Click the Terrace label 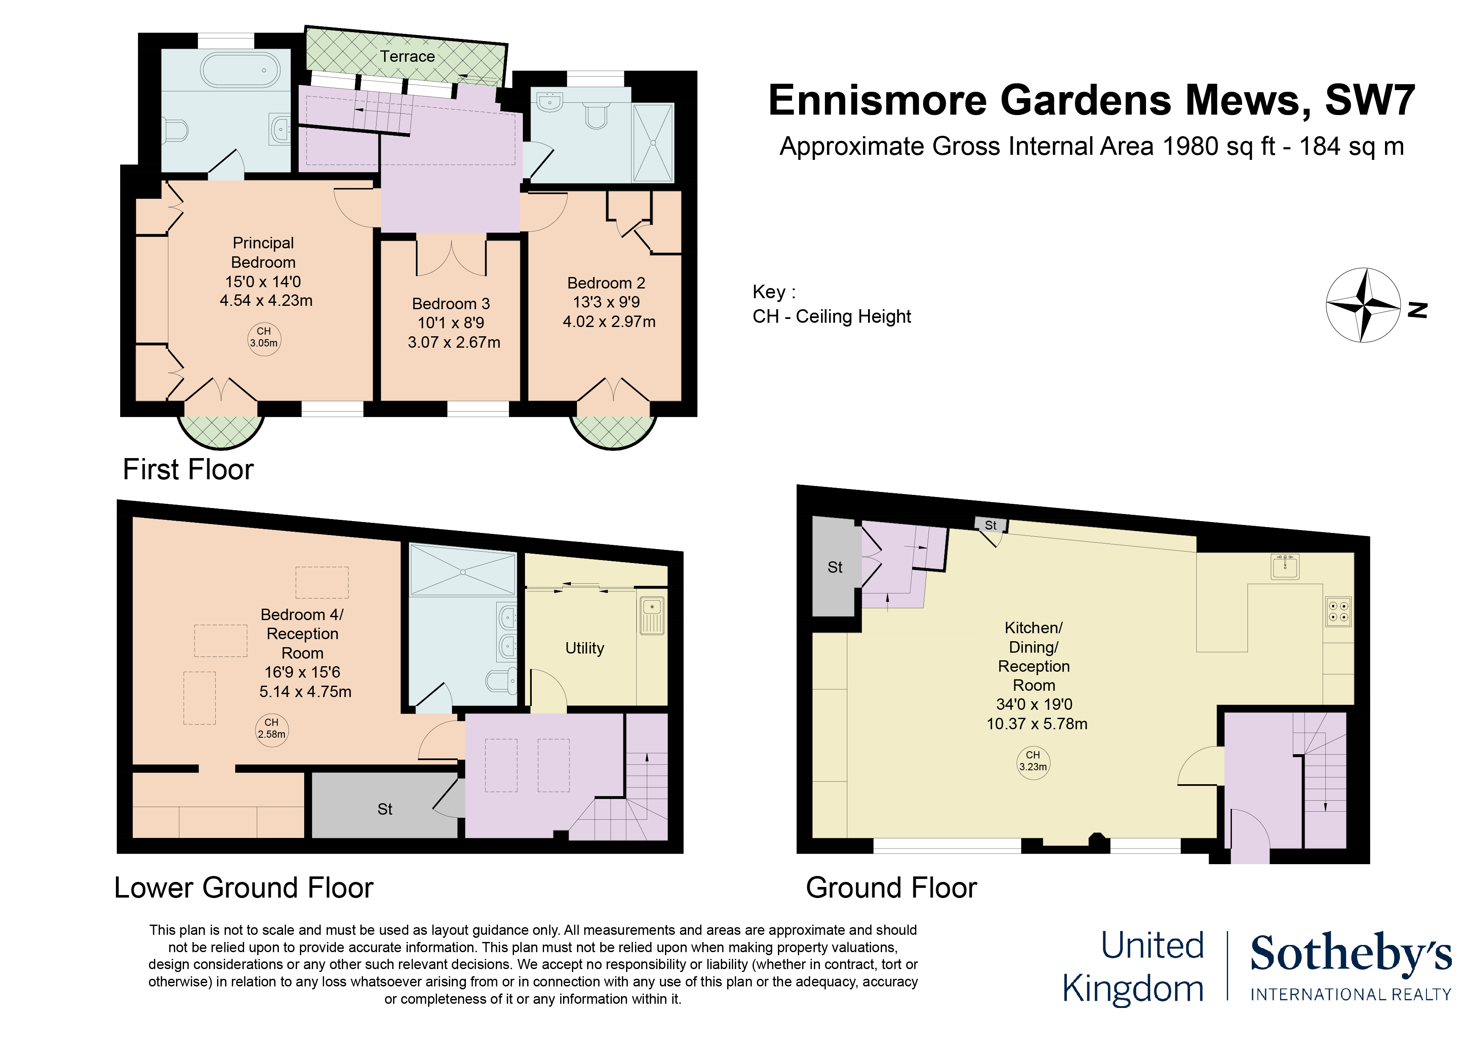(x=407, y=57)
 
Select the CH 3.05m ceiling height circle (x=264, y=338)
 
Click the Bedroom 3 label (x=451, y=304)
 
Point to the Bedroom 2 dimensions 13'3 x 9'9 (x=606, y=302)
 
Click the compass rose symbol (x=1363, y=305)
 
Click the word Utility (x=584, y=648)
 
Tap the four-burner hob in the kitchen (x=1338, y=612)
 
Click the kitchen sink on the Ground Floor (x=1285, y=567)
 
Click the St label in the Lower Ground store (x=385, y=809)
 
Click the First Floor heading (x=188, y=469)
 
